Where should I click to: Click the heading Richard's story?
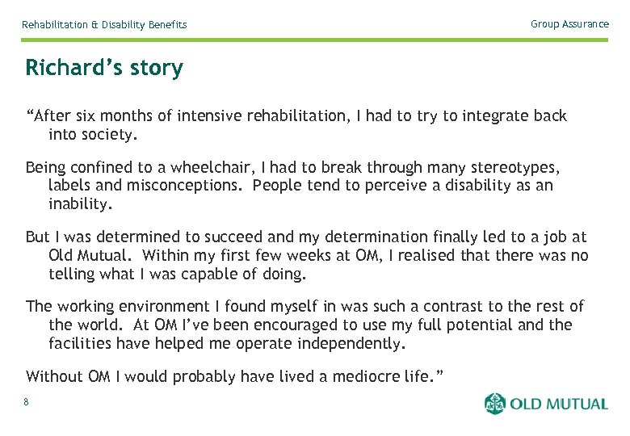point(104,68)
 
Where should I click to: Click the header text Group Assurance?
point(569,24)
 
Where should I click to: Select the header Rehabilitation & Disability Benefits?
point(104,25)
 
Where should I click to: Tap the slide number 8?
point(27,402)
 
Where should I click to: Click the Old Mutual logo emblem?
point(495,404)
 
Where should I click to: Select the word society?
point(110,134)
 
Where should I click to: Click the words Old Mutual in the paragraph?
point(86,255)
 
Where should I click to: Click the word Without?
point(55,376)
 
